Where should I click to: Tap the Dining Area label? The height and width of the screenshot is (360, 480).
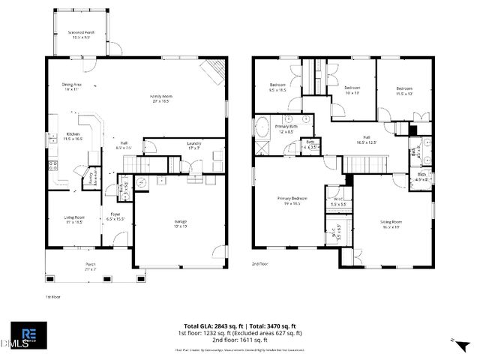pos(71,87)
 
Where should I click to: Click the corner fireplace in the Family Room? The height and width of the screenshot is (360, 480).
pos(214,70)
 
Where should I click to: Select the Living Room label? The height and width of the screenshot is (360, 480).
pos(73,220)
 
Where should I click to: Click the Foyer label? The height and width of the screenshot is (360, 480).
pos(115,217)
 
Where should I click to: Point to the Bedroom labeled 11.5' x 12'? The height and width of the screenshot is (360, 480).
pos(404,91)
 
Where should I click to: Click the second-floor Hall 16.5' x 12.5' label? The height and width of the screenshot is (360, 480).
pos(366,139)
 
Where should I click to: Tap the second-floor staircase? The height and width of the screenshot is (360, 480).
pos(365,163)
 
